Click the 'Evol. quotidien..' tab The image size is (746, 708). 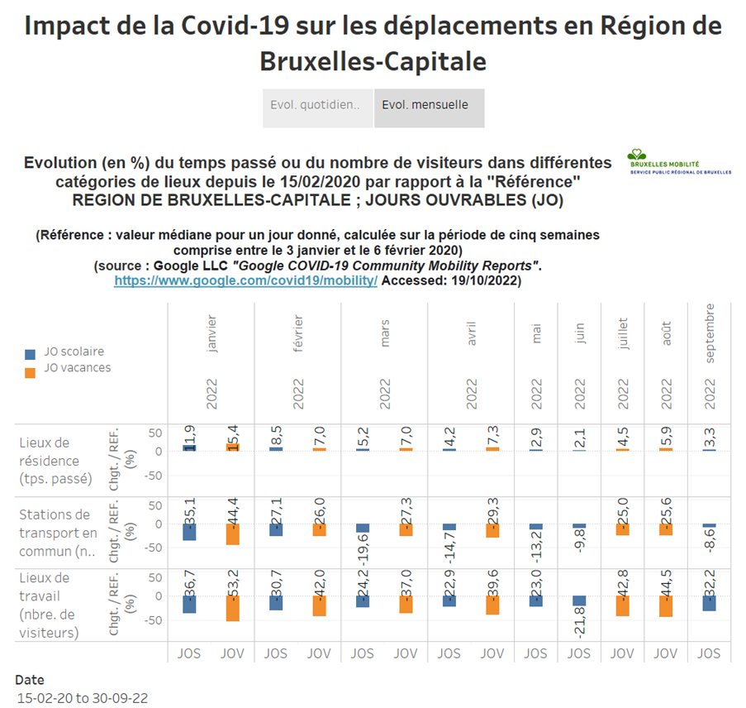click(x=317, y=107)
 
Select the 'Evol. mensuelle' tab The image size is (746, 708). click(x=429, y=107)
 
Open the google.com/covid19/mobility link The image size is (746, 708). click(x=245, y=281)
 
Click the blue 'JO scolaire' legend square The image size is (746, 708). click(x=30, y=353)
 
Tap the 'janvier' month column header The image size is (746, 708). click(x=211, y=334)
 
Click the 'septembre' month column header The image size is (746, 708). click(x=709, y=332)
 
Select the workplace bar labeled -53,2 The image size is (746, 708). click(x=232, y=608)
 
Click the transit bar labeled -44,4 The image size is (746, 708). click(x=232, y=533)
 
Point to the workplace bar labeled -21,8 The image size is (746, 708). click(x=578, y=600)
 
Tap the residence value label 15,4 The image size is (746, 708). click(x=232, y=436)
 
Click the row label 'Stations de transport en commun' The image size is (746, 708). click(x=56, y=533)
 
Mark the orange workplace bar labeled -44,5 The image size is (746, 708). click(x=666, y=605)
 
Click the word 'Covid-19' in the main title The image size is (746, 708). click(x=248, y=26)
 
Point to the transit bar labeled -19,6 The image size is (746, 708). click(x=362, y=528)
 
